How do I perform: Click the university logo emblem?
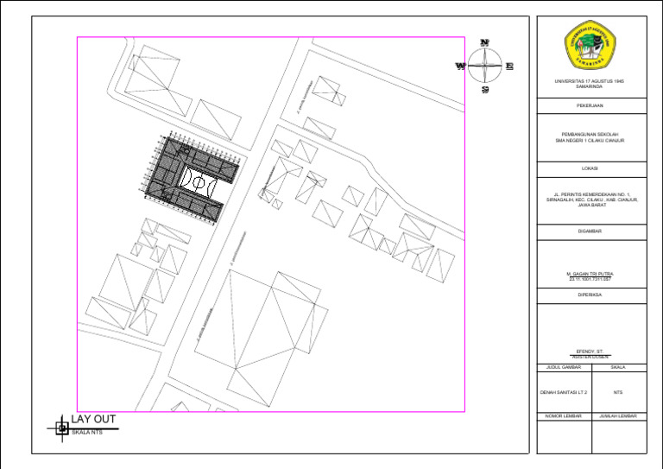coord(590,48)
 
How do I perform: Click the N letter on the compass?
coord(485,42)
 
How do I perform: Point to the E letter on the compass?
coord(509,66)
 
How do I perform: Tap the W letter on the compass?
coord(461,66)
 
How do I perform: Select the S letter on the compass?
coord(485,89)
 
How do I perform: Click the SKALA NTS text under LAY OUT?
coord(86,433)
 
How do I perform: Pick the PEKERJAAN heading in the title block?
coord(590,105)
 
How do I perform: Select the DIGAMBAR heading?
coord(590,231)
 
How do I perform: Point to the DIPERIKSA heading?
coord(590,295)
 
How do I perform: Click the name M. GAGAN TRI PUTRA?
coord(590,274)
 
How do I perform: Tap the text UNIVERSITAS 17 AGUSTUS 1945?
coord(590,81)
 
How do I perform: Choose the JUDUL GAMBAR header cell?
coord(564,367)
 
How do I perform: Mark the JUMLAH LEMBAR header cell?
coord(618,416)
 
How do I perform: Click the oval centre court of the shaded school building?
coord(197,182)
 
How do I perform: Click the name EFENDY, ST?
coord(590,352)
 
